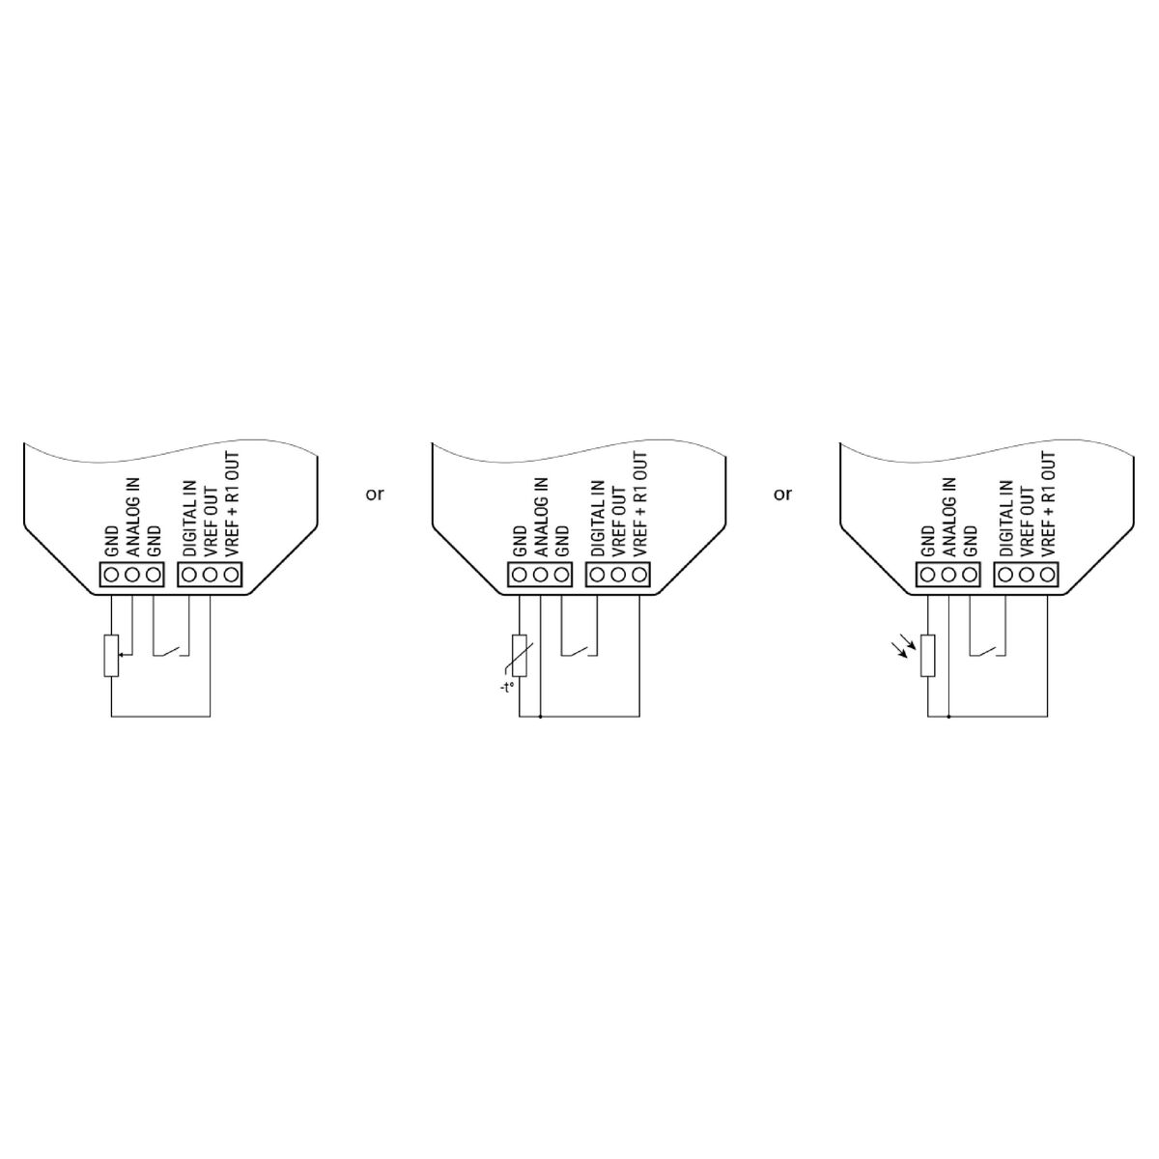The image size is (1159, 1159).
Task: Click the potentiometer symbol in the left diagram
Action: [111, 655]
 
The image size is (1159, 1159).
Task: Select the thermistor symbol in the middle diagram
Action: [519, 655]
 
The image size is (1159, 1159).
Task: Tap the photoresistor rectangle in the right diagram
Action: [927, 655]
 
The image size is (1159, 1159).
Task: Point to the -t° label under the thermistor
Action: [506, 687]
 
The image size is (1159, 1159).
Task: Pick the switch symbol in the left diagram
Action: [171, 650]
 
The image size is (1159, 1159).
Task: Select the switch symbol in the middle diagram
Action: [579, 650]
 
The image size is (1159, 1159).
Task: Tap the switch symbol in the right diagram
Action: [987, 650]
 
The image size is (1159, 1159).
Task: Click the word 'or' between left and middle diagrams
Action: [374, 495]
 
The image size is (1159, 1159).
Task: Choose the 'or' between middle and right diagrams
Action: [782, 495]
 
